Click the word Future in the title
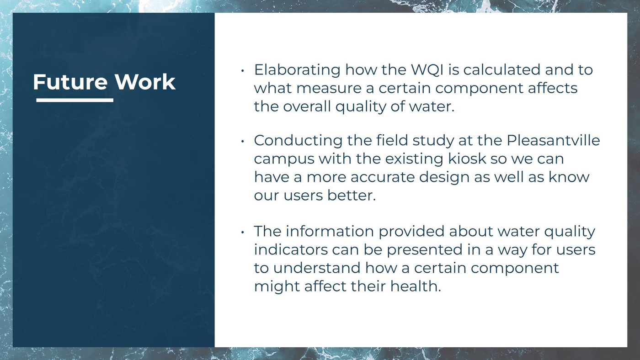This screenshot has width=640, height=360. pyautogui.click(x=70, y=82)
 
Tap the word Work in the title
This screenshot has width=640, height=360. pyautogui.click(x=145, y=82)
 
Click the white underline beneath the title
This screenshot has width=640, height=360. pyautogui.click(x=75, y=100)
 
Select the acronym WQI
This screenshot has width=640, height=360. pyautogui.click(x=427, y=70)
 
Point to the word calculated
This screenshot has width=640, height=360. pyautogui.click(x=502, y=69)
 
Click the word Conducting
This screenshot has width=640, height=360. pyautogui.click(x=298, y=141)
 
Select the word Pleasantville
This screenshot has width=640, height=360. pyautogui.click(x=553, y=140)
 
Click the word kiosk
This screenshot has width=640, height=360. pyautogui.click(x=467, y=159)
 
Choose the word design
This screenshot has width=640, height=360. pyautogui.click(x=444, y=178)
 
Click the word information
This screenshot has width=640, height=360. pyautogui.click(x=330, y=231)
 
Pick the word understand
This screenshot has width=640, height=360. pyautogui.click(x=317, y=268)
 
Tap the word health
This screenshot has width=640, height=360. pyautogui.click(x=416, y=286)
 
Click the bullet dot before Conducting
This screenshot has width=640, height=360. pyautogui.click(x=243, y=141)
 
